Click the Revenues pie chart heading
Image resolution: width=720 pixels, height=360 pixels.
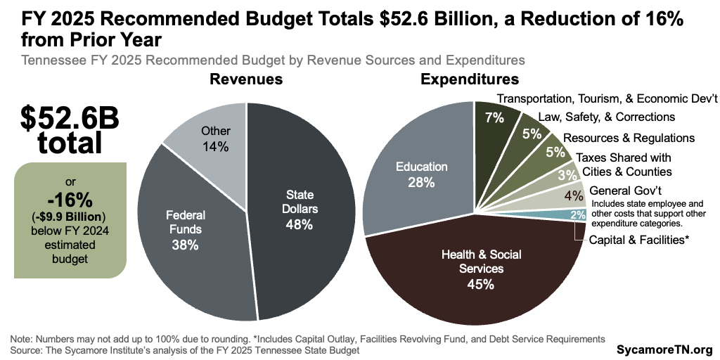click(x=246, y=79)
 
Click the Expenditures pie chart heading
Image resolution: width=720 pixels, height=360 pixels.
click(x=469, y=79)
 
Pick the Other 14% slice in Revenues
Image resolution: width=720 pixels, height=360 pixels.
click(x=214, y=140)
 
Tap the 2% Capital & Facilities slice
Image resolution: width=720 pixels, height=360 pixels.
click(x=577, y=215)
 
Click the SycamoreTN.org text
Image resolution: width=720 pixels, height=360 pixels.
click(x=664, y=349)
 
